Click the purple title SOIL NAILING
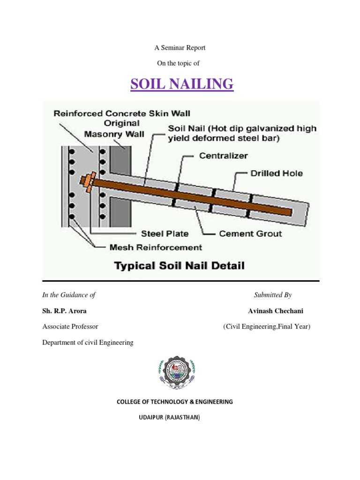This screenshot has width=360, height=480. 181,84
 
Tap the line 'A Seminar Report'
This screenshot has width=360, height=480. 180,48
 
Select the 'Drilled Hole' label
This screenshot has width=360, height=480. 276,173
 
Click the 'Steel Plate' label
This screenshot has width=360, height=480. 165,233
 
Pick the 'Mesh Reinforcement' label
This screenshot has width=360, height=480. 156,247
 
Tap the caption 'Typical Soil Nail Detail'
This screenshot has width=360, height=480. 180,266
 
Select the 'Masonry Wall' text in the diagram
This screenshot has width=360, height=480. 114,134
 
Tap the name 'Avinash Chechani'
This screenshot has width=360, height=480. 279,311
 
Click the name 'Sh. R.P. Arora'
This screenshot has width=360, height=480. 64,311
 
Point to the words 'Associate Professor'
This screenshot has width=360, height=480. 70,327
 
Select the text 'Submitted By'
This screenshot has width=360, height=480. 273,295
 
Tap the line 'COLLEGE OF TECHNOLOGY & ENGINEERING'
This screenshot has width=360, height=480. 174,402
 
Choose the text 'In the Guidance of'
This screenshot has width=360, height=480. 69,295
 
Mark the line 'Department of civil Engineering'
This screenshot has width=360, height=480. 88,343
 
